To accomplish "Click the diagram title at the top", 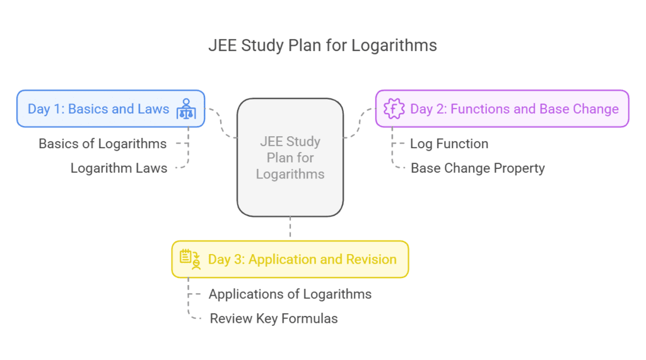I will [322, 46].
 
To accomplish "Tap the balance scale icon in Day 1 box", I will [186, 108].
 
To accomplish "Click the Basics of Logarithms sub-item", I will [103, 144].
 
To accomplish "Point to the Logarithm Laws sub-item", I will [119, 168].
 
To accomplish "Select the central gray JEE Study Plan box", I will [290, 158].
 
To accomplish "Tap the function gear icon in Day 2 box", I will [394, 108].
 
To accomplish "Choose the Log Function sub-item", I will [449, 144].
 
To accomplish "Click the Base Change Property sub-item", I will [478, 168].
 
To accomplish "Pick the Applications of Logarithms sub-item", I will [290, 294].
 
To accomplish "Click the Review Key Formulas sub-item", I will [273, 318].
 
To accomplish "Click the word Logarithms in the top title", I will [403, 46].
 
